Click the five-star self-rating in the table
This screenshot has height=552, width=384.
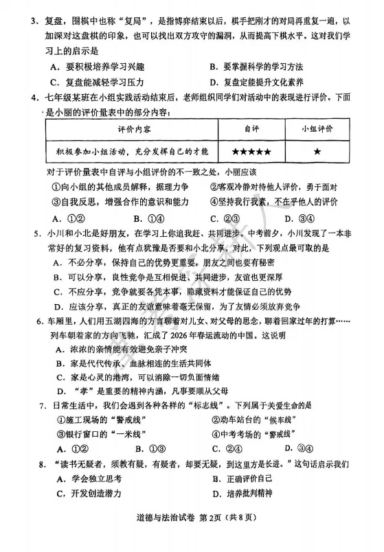tap(251, 150)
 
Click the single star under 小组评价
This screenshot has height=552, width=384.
tap(317, 150)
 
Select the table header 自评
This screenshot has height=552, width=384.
tap(251, 129)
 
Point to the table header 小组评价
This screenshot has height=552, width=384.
tap(317, 129)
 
